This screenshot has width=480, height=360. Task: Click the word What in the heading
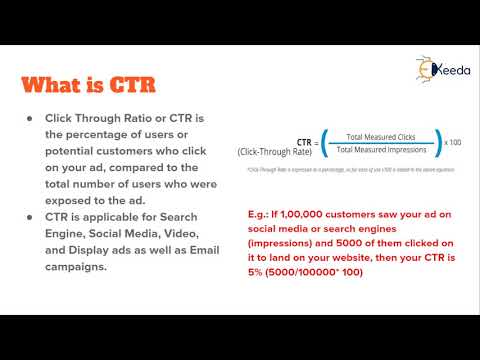(x=64, y=83)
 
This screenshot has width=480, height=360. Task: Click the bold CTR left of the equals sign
(x=308, y=142)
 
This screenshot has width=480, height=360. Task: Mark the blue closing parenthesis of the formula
(x=438, y=143)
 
